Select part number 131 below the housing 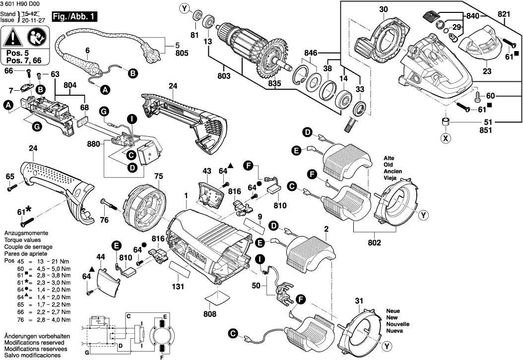[x=178, y=286]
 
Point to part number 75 [x=158, y=176]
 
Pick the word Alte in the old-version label [x=389, y=158]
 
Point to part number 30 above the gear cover [x=384, y=9]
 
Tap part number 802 [x=374, y=243]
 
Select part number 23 [x=487, y=71]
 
